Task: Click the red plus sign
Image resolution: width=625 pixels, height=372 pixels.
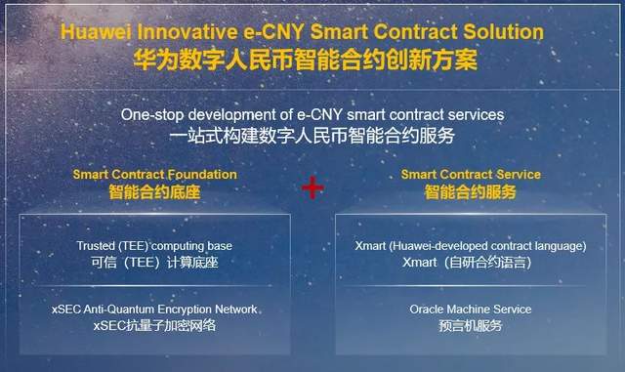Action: point(312,186)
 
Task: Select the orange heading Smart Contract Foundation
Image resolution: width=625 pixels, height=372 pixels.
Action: point(154,175)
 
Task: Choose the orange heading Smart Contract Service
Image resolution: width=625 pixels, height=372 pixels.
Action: point(470,175)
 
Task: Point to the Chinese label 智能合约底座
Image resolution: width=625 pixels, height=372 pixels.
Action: point(154,192)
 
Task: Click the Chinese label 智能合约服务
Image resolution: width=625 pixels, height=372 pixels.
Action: point(470,192)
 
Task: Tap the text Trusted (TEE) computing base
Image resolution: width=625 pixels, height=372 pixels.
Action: point(154,245)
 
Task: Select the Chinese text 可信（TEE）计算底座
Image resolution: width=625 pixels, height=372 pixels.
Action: point(154,263)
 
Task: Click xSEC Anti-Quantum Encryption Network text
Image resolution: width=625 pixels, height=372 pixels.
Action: point(154,309)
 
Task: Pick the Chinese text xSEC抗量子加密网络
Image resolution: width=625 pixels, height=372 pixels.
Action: point(154,326)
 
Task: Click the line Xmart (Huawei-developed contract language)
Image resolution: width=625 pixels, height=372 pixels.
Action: point(471,245)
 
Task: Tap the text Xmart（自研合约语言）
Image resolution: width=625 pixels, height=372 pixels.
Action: point(471,263)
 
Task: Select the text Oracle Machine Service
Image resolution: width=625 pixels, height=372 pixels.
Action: point(471,309)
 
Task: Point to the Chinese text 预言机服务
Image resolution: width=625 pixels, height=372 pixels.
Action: point(471,326)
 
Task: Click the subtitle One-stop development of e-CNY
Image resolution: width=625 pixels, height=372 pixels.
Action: point(312,115)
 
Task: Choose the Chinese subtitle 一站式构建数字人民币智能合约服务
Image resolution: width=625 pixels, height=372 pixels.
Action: point(312,136)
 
